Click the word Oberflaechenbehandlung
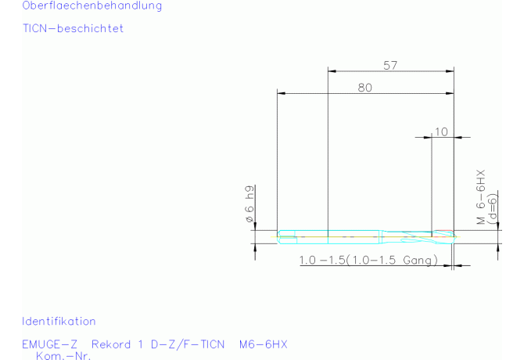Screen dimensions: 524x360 92,6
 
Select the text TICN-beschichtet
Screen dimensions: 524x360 74,28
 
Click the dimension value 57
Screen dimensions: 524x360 390,65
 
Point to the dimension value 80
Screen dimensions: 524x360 365,88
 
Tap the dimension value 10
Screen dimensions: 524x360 441,131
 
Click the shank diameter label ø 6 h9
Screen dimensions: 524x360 249,204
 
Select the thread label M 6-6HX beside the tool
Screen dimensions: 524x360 480,197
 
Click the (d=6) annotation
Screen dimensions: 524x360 492,209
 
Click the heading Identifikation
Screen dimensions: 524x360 59,321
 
